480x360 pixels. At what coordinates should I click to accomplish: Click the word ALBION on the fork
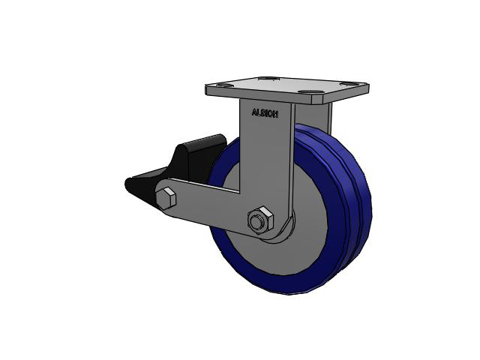[x=265, y=113]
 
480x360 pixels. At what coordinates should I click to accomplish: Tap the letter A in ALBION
[x=253, y=112]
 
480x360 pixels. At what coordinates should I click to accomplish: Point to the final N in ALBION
[x=276, y=115]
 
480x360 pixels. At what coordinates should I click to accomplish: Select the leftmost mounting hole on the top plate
[x=224, y=85]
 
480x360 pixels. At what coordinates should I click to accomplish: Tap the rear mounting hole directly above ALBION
[x=269, y=78]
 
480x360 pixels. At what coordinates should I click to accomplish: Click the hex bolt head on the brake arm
[x=166, y=198]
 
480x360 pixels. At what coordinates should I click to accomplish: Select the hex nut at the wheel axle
[x=260, y=218]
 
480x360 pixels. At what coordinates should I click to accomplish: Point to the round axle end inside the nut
[x=256, y=221]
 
